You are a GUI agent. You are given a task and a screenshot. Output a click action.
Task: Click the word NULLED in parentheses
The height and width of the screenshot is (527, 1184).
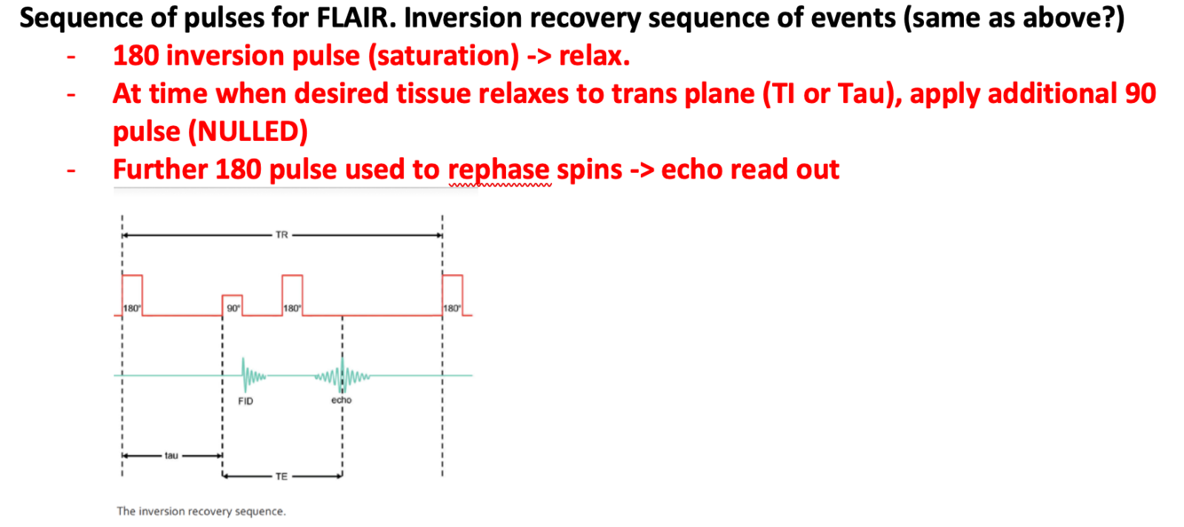click(x=248, y=131)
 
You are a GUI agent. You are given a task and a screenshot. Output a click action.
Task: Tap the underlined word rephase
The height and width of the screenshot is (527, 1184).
click(x=499, y=170)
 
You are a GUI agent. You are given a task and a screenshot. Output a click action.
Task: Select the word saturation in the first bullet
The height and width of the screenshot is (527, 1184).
click(x=444, y=56)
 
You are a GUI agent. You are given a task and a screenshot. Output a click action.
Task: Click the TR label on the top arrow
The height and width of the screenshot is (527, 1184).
click(x=281, y=235)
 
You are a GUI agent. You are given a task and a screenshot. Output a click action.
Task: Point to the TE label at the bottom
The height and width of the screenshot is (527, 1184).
click(x=281, y=476)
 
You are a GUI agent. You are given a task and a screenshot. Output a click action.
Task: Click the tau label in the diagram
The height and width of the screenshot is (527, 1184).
click(x=171, y=455)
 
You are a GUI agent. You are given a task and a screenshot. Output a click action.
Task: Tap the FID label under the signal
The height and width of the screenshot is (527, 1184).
click(x=246, y=401)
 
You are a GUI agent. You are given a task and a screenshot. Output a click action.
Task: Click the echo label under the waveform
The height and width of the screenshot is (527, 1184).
click(x=342, y=400)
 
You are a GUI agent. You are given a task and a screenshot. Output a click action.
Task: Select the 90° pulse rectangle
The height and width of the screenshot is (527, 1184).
click(x=232, y=305)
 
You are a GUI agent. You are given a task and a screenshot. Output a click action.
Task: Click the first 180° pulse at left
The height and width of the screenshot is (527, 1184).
click(x=132, y=295)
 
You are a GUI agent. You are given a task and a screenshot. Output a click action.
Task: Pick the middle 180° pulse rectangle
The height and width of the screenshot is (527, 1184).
click(x=292, y=295)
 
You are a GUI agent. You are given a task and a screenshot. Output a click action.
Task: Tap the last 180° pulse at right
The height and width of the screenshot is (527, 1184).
click(x=453, y=295)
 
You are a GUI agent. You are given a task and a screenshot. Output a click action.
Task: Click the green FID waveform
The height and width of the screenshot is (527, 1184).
click(x=252, y=375)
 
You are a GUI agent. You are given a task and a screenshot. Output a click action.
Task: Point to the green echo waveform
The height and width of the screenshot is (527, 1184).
click(x=343, y=376)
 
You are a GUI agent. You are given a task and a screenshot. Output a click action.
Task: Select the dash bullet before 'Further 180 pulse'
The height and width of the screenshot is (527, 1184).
click(x=71, y=170)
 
